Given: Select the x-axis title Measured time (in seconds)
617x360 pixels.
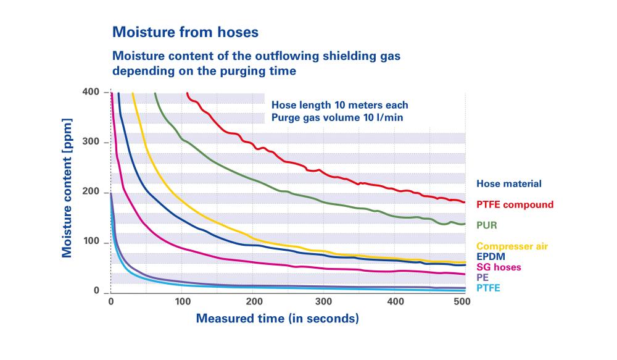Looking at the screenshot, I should [277, 319].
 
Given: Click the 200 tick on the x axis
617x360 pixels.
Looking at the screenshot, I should [253, 301].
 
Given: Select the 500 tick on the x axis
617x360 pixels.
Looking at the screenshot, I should [462, 301].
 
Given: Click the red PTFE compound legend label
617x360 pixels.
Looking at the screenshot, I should [515, 204].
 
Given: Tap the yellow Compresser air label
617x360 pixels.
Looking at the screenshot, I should [511, 246].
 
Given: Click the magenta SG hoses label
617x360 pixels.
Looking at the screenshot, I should [499, 267].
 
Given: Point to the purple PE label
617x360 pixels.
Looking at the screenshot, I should [482, 277].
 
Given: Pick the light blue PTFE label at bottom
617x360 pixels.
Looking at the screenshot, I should [488, 288].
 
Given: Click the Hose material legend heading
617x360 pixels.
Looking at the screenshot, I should [508, 183].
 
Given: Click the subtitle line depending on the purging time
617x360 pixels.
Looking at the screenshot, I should [204, 71].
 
